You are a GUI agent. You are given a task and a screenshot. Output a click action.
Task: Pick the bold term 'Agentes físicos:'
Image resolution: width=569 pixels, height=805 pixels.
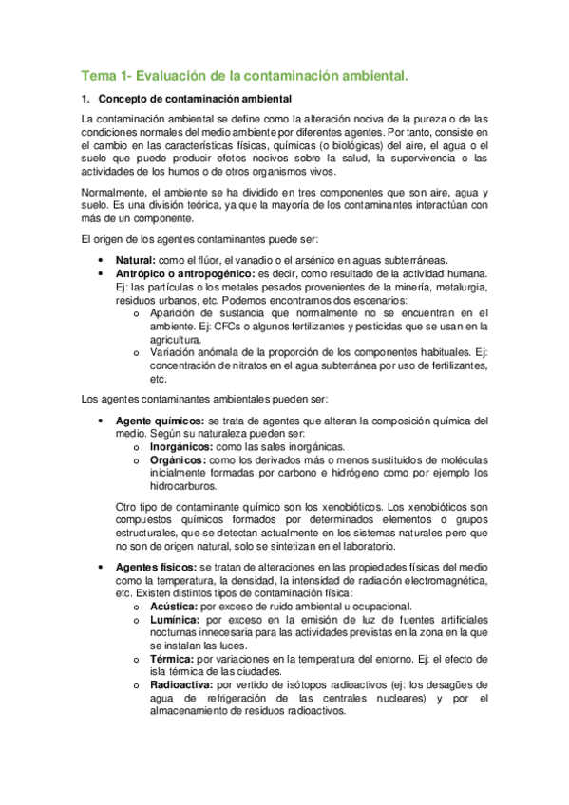coord(156,567)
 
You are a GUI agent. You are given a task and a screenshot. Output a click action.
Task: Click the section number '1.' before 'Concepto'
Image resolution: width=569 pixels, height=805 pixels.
coord(86,99)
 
